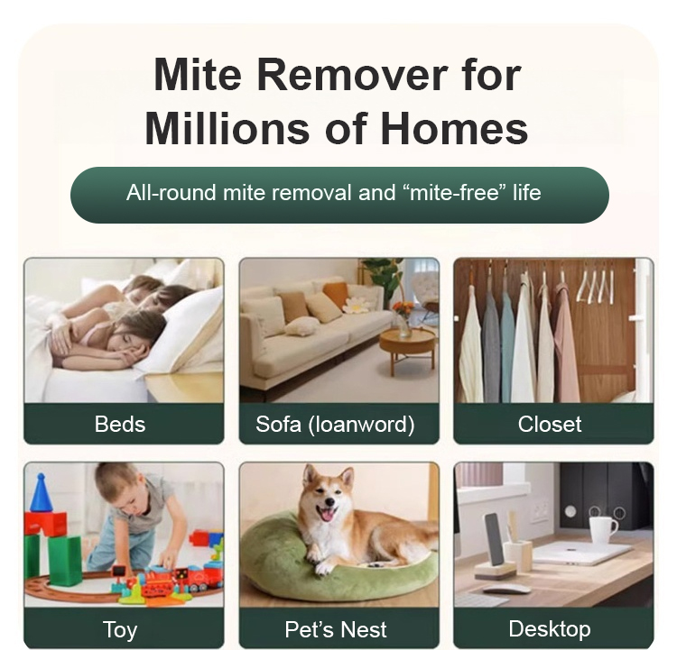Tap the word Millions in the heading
227,128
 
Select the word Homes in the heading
454,128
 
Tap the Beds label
120,424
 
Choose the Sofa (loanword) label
335,425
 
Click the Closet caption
550,424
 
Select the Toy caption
120,630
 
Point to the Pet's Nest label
336,629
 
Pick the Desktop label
550,629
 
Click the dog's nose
329,501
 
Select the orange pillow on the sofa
337,295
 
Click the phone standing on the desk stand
495,539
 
